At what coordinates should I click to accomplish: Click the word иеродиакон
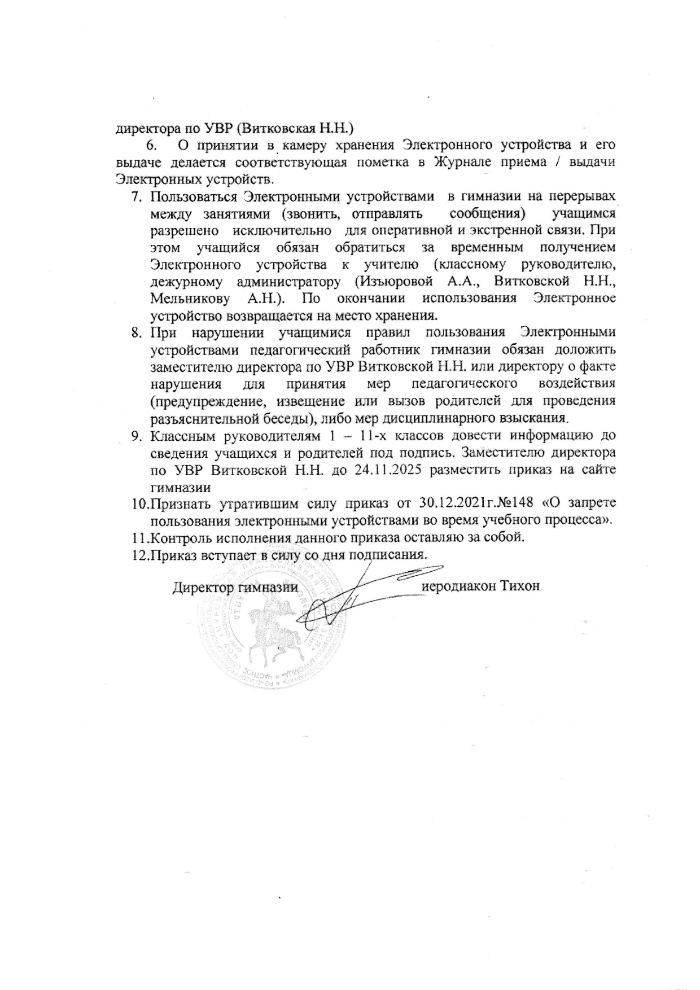(459, 585)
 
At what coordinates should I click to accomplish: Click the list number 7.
(135, 198)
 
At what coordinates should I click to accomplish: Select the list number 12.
(138, 554)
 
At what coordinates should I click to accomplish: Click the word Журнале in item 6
(463, 163)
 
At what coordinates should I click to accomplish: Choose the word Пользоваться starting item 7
(193, 198)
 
